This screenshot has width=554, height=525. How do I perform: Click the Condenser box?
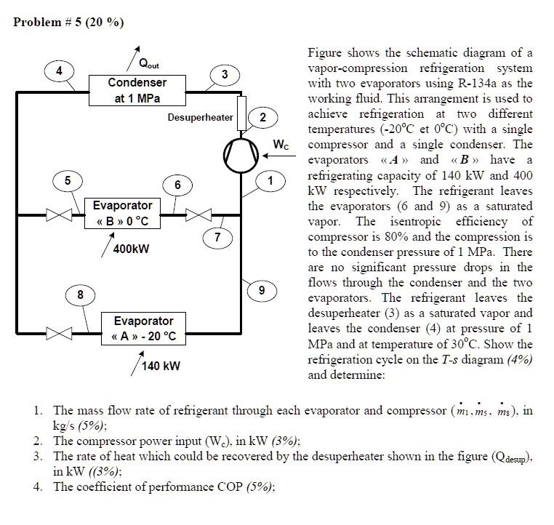(137, 91)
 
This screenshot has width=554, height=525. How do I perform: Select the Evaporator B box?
(122, 214)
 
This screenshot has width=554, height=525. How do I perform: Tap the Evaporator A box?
(143, 329)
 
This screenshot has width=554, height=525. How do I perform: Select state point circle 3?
(225, 74)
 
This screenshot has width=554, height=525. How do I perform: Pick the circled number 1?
(272, 179)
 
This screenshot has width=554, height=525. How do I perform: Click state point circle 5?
(67, 180)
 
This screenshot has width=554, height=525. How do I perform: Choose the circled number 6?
(177, 185)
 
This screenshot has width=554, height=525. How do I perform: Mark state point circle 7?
(216, 237)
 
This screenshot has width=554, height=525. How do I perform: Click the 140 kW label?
(161, 365)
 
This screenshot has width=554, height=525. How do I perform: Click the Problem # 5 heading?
(68, 22)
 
